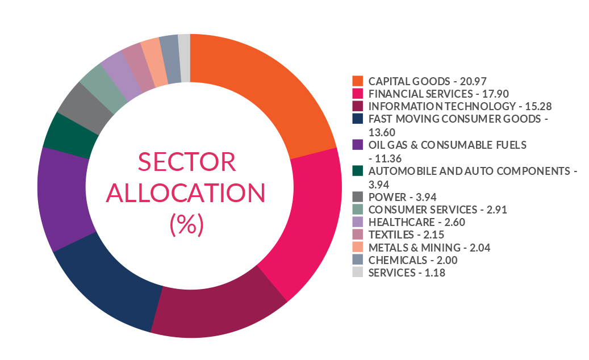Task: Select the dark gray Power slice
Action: (x=83, y=108)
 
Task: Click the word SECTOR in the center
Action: (x=187, y=163)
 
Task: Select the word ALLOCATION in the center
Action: (x=186, y=194)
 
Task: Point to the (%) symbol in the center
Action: (x=186, y=225)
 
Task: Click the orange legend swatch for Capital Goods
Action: (x=357, y=81)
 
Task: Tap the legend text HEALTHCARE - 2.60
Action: (x=416, y=222)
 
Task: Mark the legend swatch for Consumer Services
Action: (x=357, y=210)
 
